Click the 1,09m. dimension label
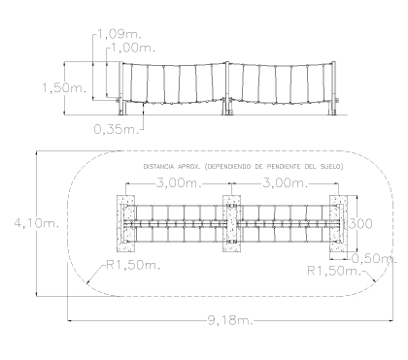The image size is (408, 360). coord(119,34)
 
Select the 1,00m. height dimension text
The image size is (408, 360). coord(133,48)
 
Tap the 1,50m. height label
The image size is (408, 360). coord(64,88)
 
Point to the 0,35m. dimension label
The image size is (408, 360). coord(116,129)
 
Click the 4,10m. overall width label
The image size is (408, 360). coord(37,223)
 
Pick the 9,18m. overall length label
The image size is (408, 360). coord(230,320)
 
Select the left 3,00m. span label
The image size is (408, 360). coord(179,183)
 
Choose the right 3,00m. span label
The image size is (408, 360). coord(285,183)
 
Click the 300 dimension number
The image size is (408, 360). coord(360,223)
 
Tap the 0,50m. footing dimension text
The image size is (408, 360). coord(374,258)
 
